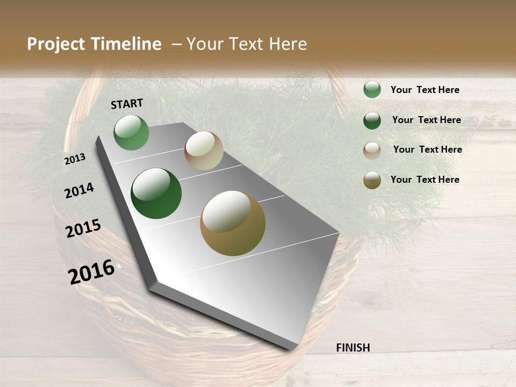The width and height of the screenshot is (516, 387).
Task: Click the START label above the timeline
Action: pyautogui.click(x=127, y=104)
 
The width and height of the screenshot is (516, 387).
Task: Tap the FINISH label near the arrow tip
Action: pyautogui.click(x=353, y=348)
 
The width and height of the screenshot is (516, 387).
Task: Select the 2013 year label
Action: pyautogui.click(x=75, y=159)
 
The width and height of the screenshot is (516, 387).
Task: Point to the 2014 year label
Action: pyautogui.click(x=79, y=190)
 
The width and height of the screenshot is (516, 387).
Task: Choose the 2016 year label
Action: pyautogui.click(x=91, y=271)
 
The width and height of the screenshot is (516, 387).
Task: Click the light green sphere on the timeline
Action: pyautogui.click(x=131, y=132)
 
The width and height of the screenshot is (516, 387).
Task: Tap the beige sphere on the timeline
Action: pyautogui.click(x=204, y=150)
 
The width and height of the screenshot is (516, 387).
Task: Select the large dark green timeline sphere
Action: pyautogui.click(x=156, y=193)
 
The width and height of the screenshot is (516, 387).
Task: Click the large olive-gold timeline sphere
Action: pyautogui.click(x=233, y=223)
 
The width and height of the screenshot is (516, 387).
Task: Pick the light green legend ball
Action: pyautogui.click(x=372, y=89)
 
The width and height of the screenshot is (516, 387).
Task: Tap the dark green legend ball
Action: pyautogui.click(x=372, y=120)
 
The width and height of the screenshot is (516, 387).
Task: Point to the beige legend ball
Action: pyautogui.click(x=372, y=150)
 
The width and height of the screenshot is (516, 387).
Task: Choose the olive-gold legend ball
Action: pyautogui.click(x=372, y=180)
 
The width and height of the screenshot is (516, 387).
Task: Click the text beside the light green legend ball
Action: pyautogui.click(x=425, y=90)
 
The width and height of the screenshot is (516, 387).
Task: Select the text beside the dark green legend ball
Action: pyautogui.click(x=426, y=120)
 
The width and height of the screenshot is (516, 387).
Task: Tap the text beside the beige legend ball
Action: pyautogui.click(x=427, y=149)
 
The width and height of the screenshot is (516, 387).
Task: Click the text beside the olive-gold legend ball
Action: pyautogui.click(x=425, y=180)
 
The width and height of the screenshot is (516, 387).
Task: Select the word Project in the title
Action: pyautogui.click(x=56, y=44)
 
